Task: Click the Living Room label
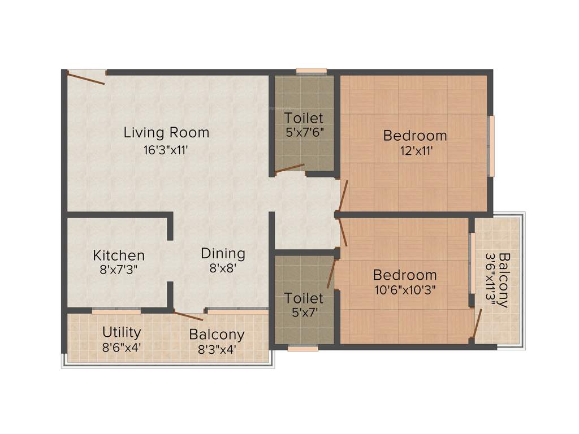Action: click(x=166, y=133)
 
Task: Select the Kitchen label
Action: click(x=119, y=255)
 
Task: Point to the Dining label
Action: click(x=223, y=253)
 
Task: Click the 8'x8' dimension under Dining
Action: click(x=222, y=268)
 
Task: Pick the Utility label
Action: click(x=122, y=332)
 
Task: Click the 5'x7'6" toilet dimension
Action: click(x=304, y=133)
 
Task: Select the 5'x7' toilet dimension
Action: click(x=304, y=313)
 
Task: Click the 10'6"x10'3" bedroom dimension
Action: click(x=405, y=290)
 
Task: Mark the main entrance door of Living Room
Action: click(x=86, y=77)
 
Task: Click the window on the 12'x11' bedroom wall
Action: click(x=491, y=146)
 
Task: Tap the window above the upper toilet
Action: click(x=312, y=71)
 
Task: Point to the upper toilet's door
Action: click(x=289, y=168)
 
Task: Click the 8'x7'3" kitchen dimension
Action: click(x=119, y=269)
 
